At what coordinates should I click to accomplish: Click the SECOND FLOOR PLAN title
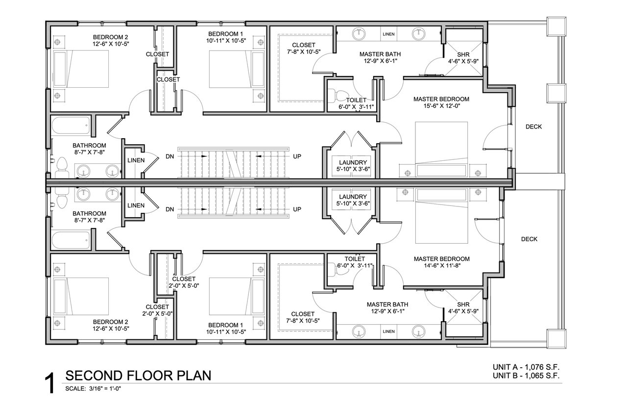(138, 376)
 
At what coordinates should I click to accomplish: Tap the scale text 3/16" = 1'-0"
(105, 389)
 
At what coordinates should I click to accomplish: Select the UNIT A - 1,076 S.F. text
(526, 367)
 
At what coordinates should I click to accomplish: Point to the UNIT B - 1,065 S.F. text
(526, 376)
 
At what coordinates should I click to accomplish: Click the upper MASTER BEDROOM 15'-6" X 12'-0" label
(441, 102)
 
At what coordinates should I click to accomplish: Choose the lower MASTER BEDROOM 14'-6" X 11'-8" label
(442, 262)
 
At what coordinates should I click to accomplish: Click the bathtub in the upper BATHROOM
(71, 126)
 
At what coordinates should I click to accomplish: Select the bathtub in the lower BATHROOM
(71, 240)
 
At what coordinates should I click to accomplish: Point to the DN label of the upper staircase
(170, 156)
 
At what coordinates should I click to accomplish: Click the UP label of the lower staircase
(297, 209)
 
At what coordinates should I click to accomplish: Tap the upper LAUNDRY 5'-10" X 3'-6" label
(353, 166)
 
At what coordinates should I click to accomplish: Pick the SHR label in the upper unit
(463, 55)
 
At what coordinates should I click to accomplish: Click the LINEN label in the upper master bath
(388, 34)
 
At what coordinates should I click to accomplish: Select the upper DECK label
(533, 127)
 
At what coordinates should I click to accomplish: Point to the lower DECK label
(530, 239)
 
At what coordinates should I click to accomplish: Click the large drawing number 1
(49, 383)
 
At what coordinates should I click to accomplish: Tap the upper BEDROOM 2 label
(111, 40)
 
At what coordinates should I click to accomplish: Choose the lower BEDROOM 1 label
(226, 329)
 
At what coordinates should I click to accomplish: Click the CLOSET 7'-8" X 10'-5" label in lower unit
(303, 317)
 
